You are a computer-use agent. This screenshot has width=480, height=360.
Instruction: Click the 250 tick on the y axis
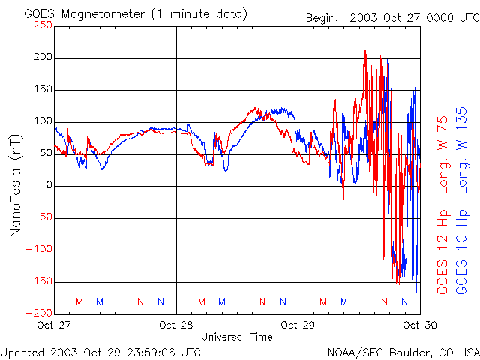(43, 25)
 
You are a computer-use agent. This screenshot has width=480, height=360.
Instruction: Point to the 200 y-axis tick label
(43, 57)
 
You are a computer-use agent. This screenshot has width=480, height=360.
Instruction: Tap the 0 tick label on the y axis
(49, 186)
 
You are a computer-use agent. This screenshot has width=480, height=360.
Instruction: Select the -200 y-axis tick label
(40, 313)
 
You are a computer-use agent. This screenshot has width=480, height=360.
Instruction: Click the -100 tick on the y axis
(40, 250)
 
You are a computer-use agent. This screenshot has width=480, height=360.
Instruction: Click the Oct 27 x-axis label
(54, 325)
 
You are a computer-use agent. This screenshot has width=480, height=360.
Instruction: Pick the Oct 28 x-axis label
(176, 325)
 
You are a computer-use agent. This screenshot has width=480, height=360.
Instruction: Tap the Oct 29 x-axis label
(298, 325)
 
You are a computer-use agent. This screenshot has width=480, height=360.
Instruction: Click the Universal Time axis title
(237, 337)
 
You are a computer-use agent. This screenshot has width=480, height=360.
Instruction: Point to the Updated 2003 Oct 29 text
(100, 351)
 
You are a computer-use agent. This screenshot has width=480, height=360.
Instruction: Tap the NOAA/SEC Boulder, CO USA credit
(403, 351)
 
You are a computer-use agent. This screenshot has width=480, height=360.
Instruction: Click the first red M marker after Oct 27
(79, 301)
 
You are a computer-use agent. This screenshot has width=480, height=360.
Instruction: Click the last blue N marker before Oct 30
(405, 301)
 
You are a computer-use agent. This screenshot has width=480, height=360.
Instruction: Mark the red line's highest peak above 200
(364, 49)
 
